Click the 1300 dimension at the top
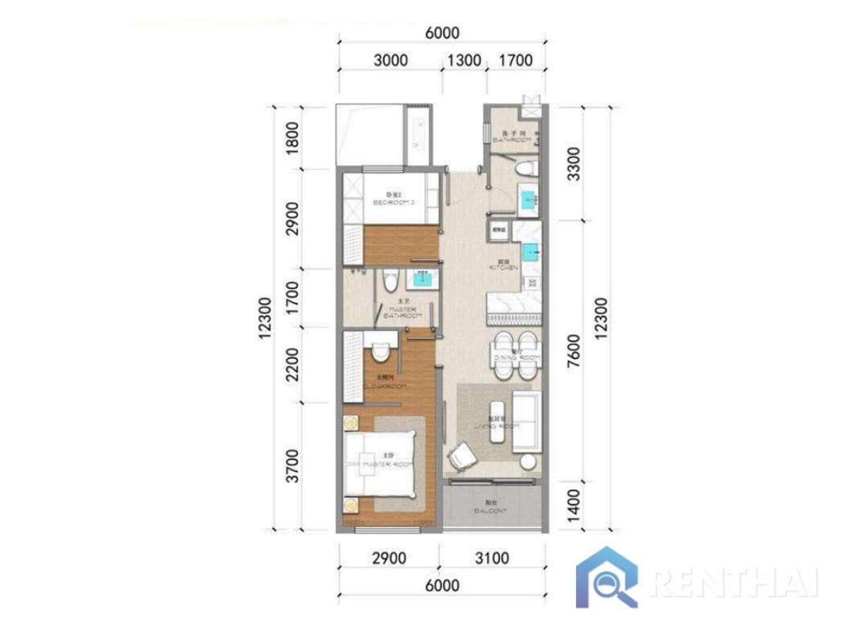point(463,60)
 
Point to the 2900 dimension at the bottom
point(388,558)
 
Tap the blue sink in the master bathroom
point(422,280)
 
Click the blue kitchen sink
point(530,250)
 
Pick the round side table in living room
point(528,462)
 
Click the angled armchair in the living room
point(463,455)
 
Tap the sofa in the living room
point(525,422)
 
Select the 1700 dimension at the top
point(515,60)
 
